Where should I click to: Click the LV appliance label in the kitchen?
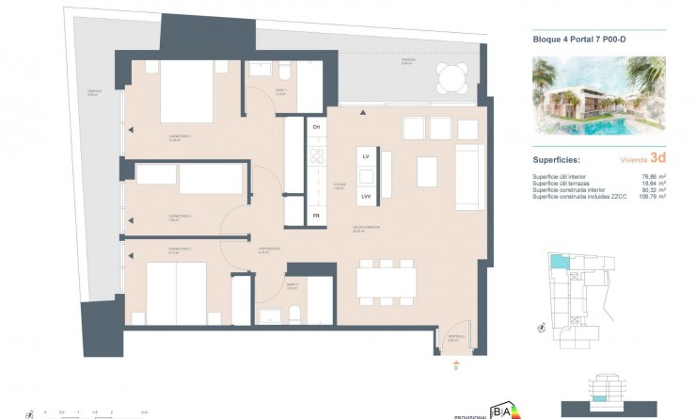365,154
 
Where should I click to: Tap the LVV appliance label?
365,196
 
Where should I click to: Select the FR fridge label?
317,215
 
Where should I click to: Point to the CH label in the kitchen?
317,126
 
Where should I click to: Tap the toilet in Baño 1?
282,72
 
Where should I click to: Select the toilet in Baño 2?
293,314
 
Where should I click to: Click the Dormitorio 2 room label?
180,218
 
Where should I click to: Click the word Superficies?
556,161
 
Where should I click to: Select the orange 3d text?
657,160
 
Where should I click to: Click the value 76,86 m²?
652,176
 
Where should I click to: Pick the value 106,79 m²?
652,196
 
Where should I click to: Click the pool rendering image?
598,95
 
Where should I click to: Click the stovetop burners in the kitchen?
317,155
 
